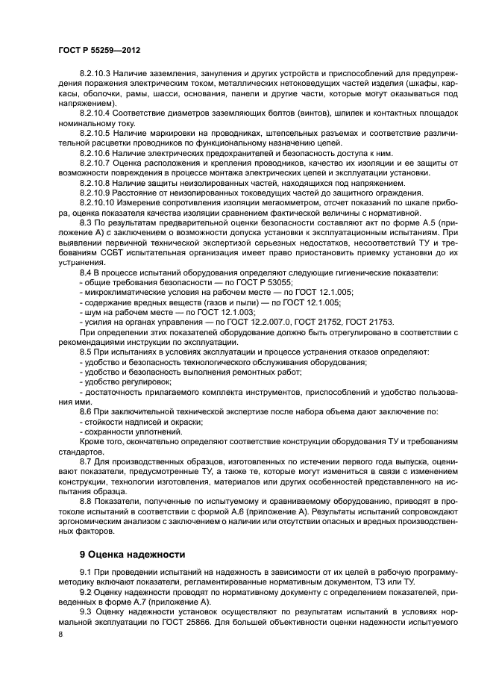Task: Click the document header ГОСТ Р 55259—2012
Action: tap(100, 47)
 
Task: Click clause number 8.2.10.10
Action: tap(98, 202)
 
